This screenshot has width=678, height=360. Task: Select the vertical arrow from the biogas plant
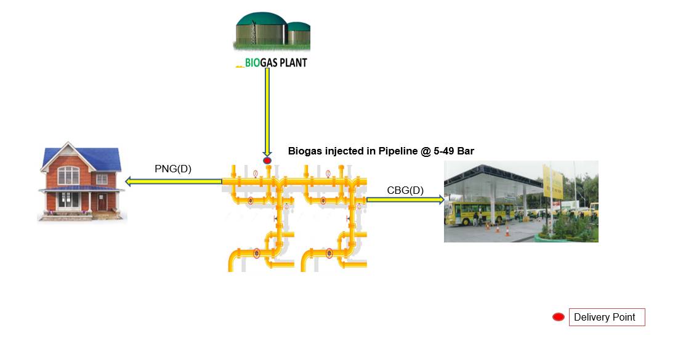coord(267,111)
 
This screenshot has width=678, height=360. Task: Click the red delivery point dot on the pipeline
coord(267,161)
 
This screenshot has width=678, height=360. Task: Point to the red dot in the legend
coord(559,318)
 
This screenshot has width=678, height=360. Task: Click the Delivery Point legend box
coord(607,318)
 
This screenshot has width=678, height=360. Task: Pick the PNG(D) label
coord(173,169)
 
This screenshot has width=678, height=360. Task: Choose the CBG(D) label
coord(405,190)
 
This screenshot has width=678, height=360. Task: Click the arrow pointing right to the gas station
coord(405,199)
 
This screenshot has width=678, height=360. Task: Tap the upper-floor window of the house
coord(68,177)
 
